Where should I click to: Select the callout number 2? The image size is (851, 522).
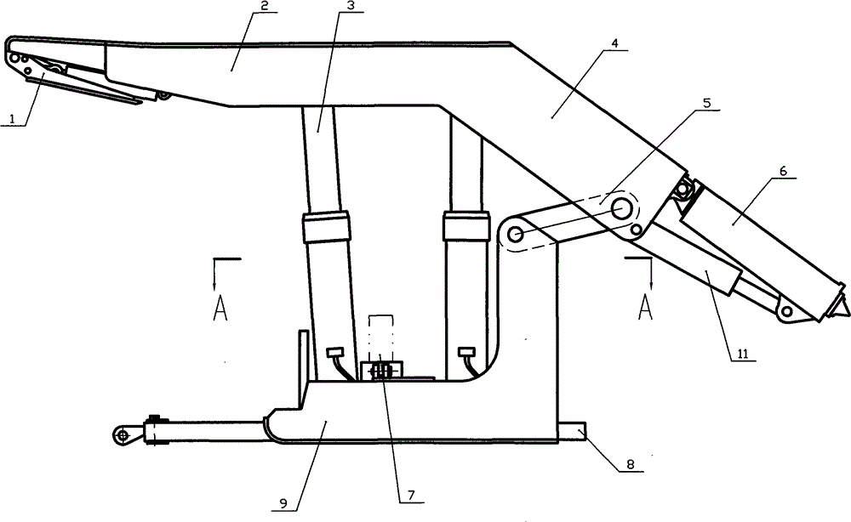264,6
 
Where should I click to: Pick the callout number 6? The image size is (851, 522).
783,171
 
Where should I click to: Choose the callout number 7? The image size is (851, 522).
411,495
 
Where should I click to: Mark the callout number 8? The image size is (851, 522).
630,464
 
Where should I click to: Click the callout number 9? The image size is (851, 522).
283,503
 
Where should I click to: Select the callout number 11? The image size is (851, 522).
742,355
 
